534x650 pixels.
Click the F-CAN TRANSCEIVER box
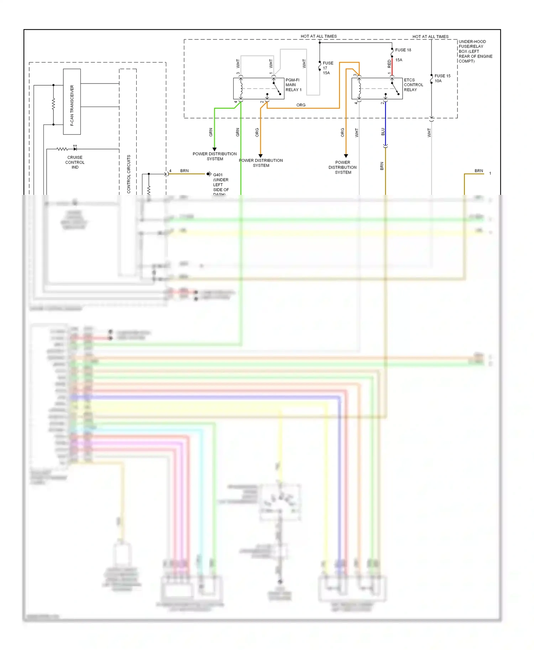click(72, 102)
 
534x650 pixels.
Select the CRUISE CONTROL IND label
click(75, 162)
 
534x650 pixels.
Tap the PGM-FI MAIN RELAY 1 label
click(293, 85)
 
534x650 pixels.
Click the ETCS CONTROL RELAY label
click(413, 85)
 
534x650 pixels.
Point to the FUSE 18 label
click(403, 50)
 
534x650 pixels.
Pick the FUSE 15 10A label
click(442, 78)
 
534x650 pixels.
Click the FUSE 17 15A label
click(328, 68)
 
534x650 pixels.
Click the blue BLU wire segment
click(386, 124)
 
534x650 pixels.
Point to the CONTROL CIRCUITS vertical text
click(129, 174)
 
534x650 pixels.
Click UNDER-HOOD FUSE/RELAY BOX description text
click(475, 52)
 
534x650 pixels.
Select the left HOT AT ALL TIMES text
click(318, 36)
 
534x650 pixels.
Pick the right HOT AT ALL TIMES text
click(430, 37)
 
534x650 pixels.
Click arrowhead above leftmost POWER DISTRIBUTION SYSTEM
click(215, 149)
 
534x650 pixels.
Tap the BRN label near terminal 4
click(184, 171)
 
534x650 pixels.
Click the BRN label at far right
click(478, 171)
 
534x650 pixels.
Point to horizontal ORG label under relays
click(301, 105)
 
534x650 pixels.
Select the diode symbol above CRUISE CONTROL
click(75, 149)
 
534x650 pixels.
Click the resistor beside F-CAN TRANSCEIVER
click(53, 104)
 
